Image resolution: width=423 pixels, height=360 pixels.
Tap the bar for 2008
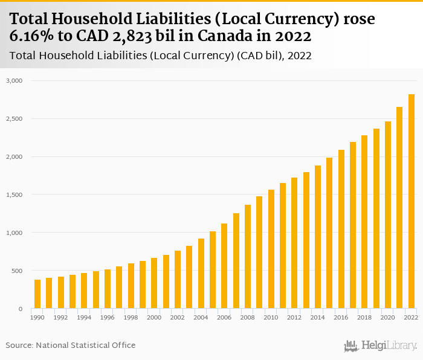click(x=248, y=257)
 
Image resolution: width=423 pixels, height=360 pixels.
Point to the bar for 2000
click(x=154, y=283)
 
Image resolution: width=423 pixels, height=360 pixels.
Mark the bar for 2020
click(x=388, y=215)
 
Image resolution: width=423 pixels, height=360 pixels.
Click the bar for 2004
click(x=201, y=274)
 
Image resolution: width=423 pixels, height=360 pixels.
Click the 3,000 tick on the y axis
click(x=15, y=80)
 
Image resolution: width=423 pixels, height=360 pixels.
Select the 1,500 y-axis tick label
click(x=15, y=194)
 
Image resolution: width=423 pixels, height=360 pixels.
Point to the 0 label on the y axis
click(x=20, y=309)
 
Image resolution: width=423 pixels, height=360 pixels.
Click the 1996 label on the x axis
click(x=107, y=317)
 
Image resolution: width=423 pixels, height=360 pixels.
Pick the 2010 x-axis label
click(x=271, y=317)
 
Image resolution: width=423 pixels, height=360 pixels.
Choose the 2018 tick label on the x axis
click(x=364, y=317)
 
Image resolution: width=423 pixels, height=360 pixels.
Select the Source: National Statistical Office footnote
click(x=71, y=345)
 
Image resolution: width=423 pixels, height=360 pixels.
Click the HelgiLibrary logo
click(x=381, y=346)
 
